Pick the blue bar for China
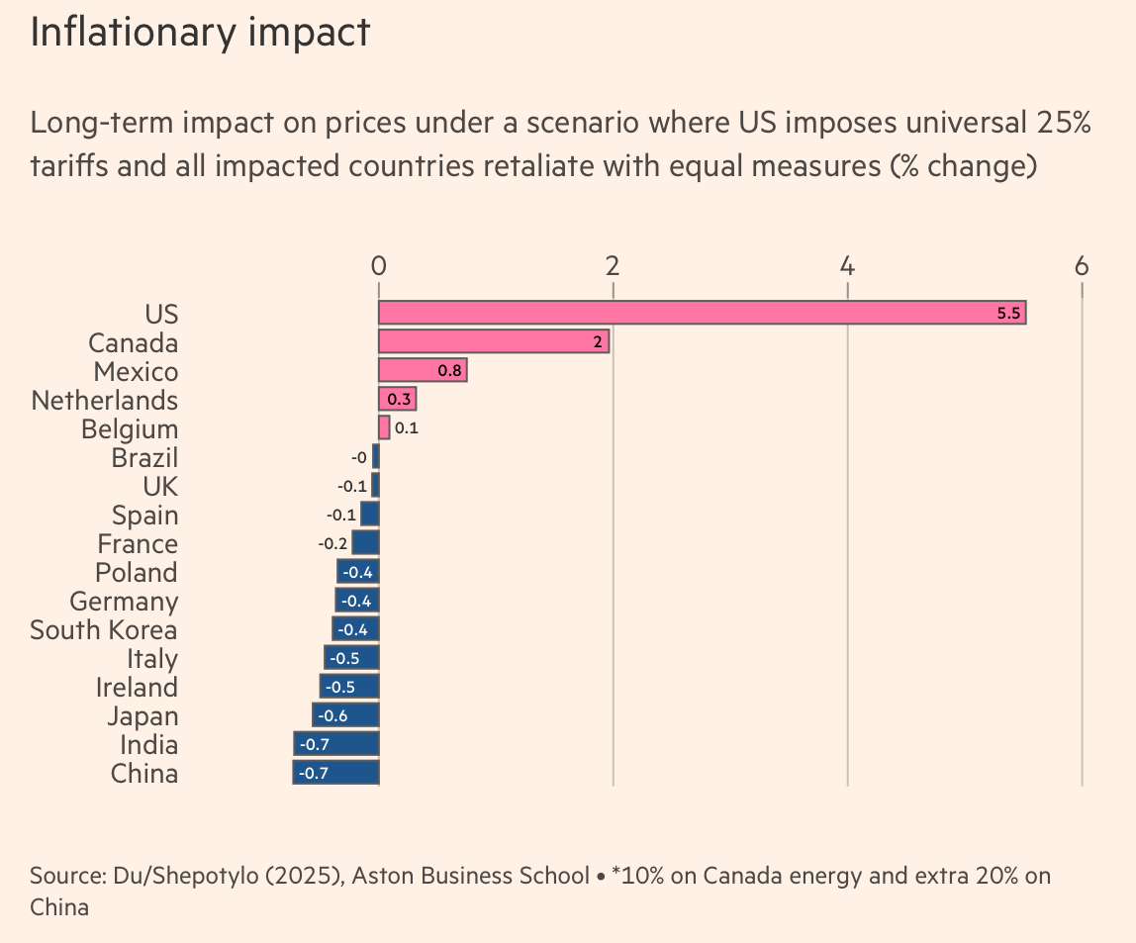[x=335, y=773]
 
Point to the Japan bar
[x=345, y=715]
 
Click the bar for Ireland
[x=349, y=687]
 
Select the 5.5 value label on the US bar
[x=1008, y=314]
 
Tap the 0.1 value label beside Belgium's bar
[x=406, y=428]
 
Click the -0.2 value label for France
[x=332, y=543]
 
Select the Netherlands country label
[x=105, y=401]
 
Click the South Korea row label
[x=104, y=630]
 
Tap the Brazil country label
[x=144, y=458]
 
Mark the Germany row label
[x=124, y=602]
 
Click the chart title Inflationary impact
[x=200, y=33]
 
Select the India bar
[x=335, y=744]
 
